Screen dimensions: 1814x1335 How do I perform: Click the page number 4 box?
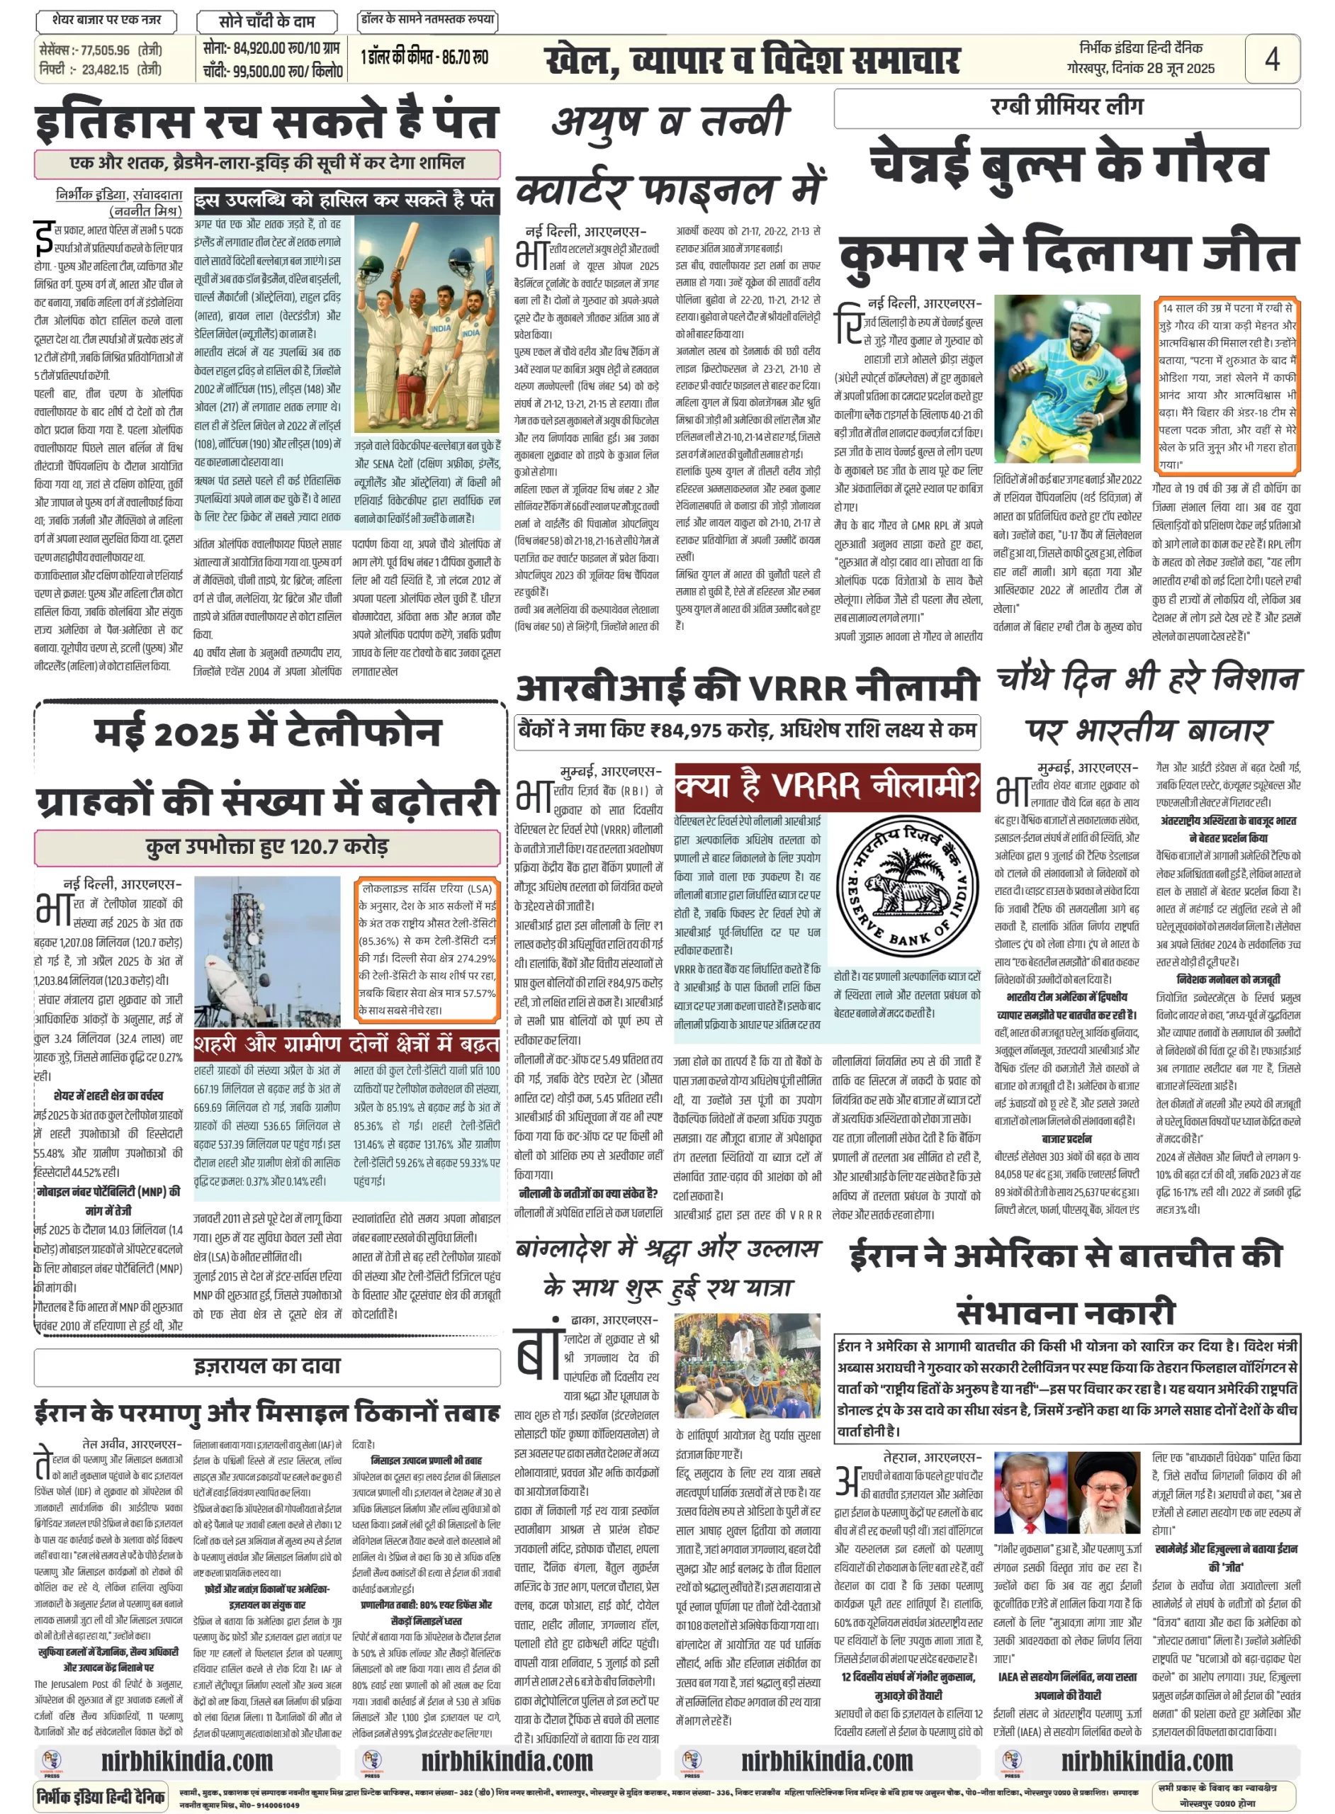click(1271, 58)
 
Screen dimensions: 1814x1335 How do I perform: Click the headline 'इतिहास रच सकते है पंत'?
click(266, 122)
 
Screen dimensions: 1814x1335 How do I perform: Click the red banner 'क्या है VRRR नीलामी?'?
click(827, 787)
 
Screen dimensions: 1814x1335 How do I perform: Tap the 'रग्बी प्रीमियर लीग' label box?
click(1066, 107)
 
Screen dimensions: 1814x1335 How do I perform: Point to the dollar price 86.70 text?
click(424, 58)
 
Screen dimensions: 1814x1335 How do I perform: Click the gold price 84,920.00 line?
click(271, 50)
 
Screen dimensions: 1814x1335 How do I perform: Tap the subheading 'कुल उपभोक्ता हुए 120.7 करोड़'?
click(266, 847)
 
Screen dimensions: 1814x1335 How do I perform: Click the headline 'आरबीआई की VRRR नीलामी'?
click(747, 689)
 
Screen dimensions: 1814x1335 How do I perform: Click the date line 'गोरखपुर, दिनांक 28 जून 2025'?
click(1139, 69)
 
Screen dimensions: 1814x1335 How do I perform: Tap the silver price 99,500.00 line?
click(273, 71)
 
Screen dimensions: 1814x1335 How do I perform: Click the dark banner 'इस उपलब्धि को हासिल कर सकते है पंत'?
click(346, 201)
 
